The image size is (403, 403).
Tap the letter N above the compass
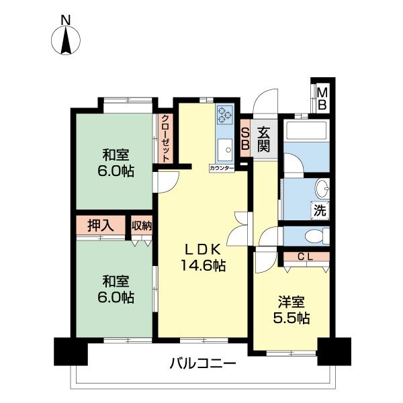(x=66, y=21)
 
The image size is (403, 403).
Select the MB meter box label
(x=322, y=98)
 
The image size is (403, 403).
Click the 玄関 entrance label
(x=265, y=138)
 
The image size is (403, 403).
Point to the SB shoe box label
(x=245, y=138)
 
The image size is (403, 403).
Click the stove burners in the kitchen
(x=224, y=116)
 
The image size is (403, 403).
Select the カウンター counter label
(x=221, y=167)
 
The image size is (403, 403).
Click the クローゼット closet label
(x=165, y=138)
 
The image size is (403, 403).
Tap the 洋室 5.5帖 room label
(x=291, y=310)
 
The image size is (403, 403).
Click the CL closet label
(x=306, y=256)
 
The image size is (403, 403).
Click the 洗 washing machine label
(x=320, y=210)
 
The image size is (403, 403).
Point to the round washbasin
(x=322, y=187)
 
